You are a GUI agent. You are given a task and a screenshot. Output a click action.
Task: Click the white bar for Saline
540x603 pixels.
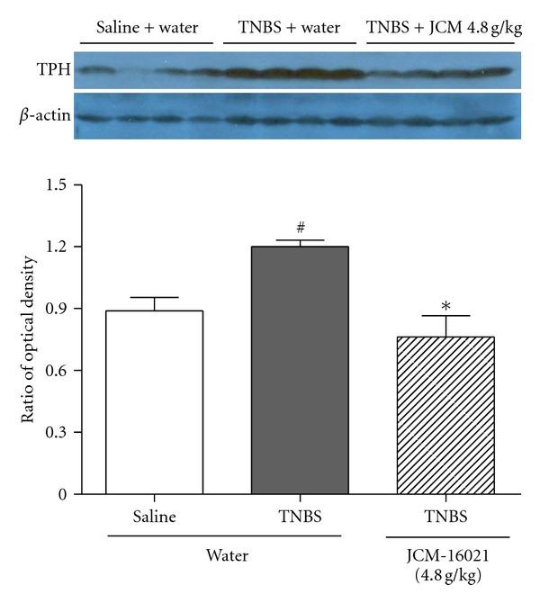[x=154, y=402]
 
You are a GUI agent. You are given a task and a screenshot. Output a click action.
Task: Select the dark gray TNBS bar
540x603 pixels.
[x=300, y=370]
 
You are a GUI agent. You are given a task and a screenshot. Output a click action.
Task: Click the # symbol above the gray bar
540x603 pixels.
[x=301, y=229]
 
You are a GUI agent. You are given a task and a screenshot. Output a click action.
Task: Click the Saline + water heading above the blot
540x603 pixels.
[x=144, y=28]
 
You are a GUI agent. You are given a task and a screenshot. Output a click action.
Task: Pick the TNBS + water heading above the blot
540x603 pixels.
[x=290, y=28]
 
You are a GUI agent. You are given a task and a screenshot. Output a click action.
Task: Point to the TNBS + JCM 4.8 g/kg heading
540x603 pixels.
[x=445, y=28]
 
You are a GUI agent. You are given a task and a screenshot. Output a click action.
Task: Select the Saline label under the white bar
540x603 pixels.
[x=154, y=518]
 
